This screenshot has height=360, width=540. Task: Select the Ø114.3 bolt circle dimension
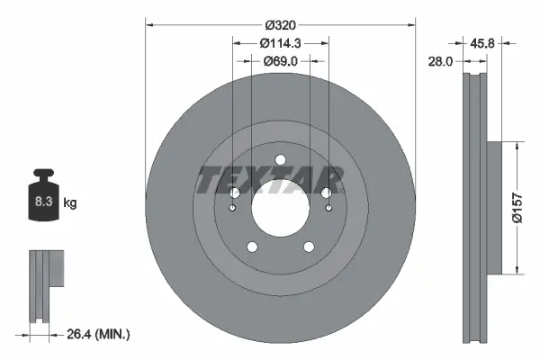tap(280, 41)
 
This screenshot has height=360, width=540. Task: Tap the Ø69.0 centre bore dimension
tap(280, 60)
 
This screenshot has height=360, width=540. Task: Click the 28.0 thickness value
tap(441, 60)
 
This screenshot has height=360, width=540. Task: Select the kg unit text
tap(70, 203)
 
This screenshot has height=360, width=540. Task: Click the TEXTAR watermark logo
tap(270, 180)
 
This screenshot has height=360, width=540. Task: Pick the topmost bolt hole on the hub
tap(280, 160)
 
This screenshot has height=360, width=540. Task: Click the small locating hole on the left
tap(232, 209)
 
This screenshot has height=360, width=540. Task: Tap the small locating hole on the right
tap(328, 209)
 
